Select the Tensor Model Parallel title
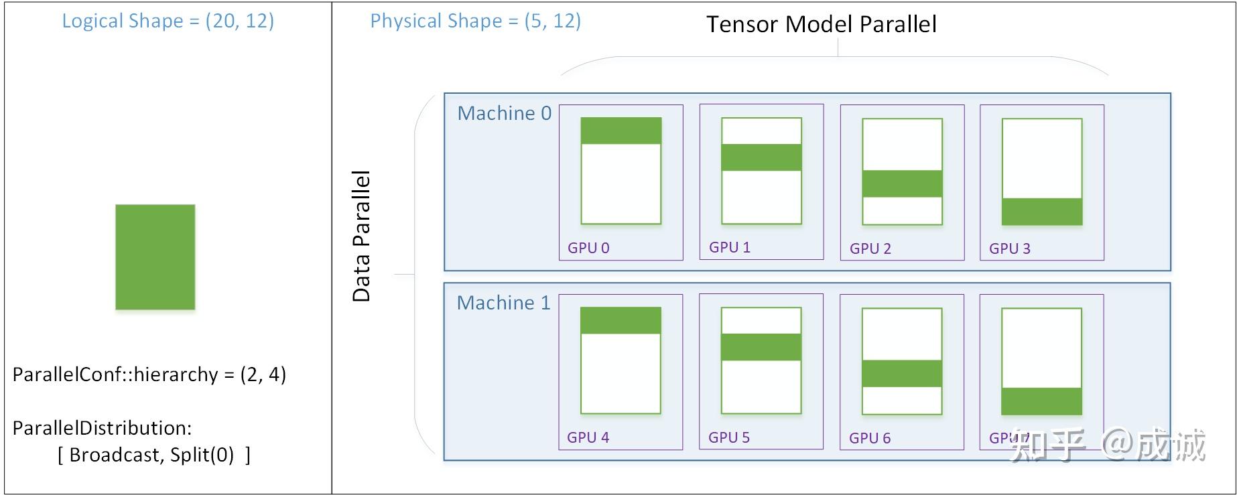point(821,25)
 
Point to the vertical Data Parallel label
point(361,236)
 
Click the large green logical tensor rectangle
point(155,257)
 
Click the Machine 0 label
point(504,113)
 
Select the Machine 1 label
point(503,303)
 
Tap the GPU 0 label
point(588,248)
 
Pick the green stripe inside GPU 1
point(761,157)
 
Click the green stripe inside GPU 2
point(902,184)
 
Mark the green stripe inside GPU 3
point(1042,211)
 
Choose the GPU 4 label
point(588,437)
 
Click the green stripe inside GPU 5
point(761,347)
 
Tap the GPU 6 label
point(870,438)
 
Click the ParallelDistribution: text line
point(102,428)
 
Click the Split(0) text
point(202,455)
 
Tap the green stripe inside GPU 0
point(621,131)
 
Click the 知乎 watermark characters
point(1047,445)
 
